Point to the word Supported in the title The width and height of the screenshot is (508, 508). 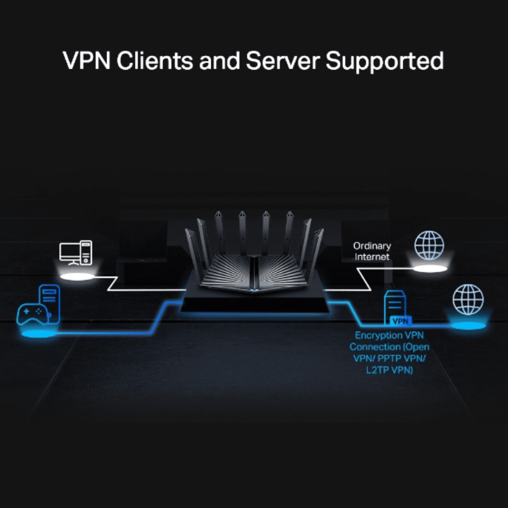point(385,60)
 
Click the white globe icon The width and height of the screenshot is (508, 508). point(429,246)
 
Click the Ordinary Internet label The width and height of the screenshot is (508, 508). point(372,251)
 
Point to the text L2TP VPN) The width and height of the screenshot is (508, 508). point(389,370)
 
